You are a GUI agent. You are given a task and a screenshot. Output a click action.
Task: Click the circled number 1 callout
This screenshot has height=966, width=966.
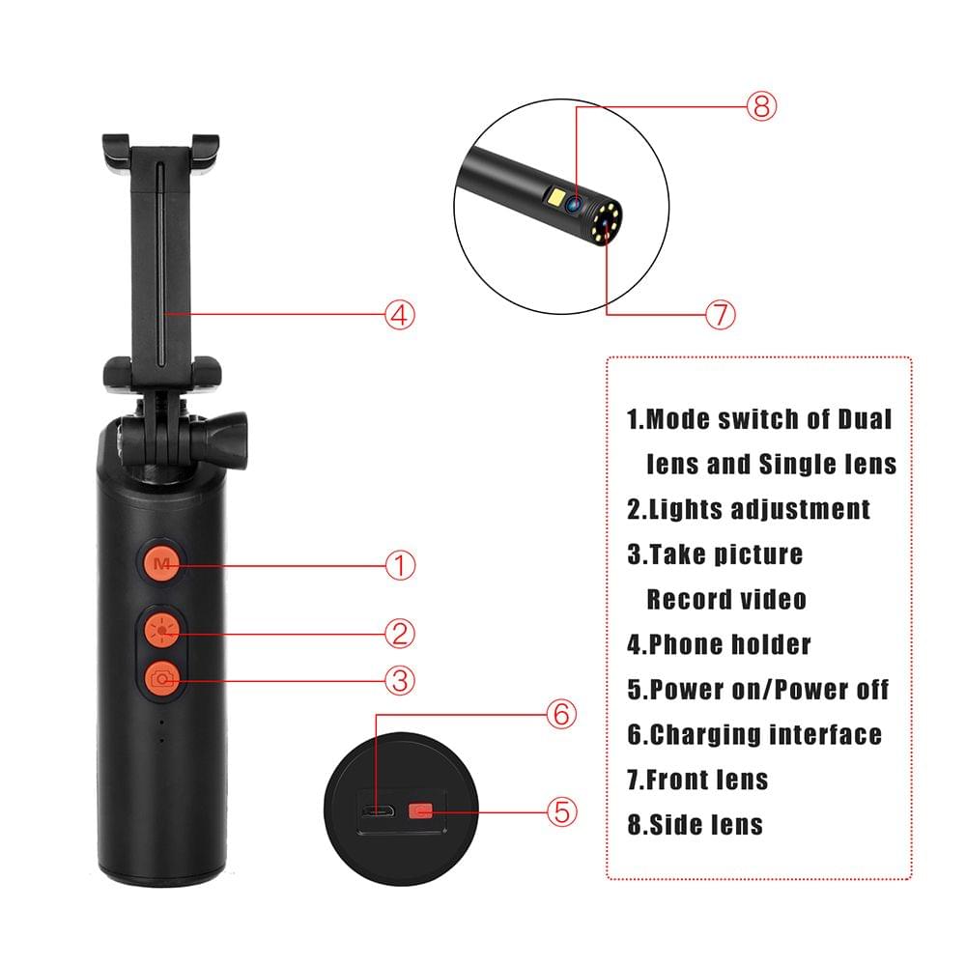(400, 565)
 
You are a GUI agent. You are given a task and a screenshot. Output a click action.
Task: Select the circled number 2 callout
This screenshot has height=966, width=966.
(400, 634)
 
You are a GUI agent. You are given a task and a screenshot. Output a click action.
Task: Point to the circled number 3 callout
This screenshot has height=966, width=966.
(400, 681)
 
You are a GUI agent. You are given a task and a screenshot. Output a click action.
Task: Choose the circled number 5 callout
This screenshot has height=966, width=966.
(563, 811)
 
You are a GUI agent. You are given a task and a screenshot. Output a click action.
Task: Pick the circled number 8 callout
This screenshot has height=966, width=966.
(760, 106)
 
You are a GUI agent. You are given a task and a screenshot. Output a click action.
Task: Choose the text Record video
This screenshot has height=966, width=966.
(725, 599)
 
